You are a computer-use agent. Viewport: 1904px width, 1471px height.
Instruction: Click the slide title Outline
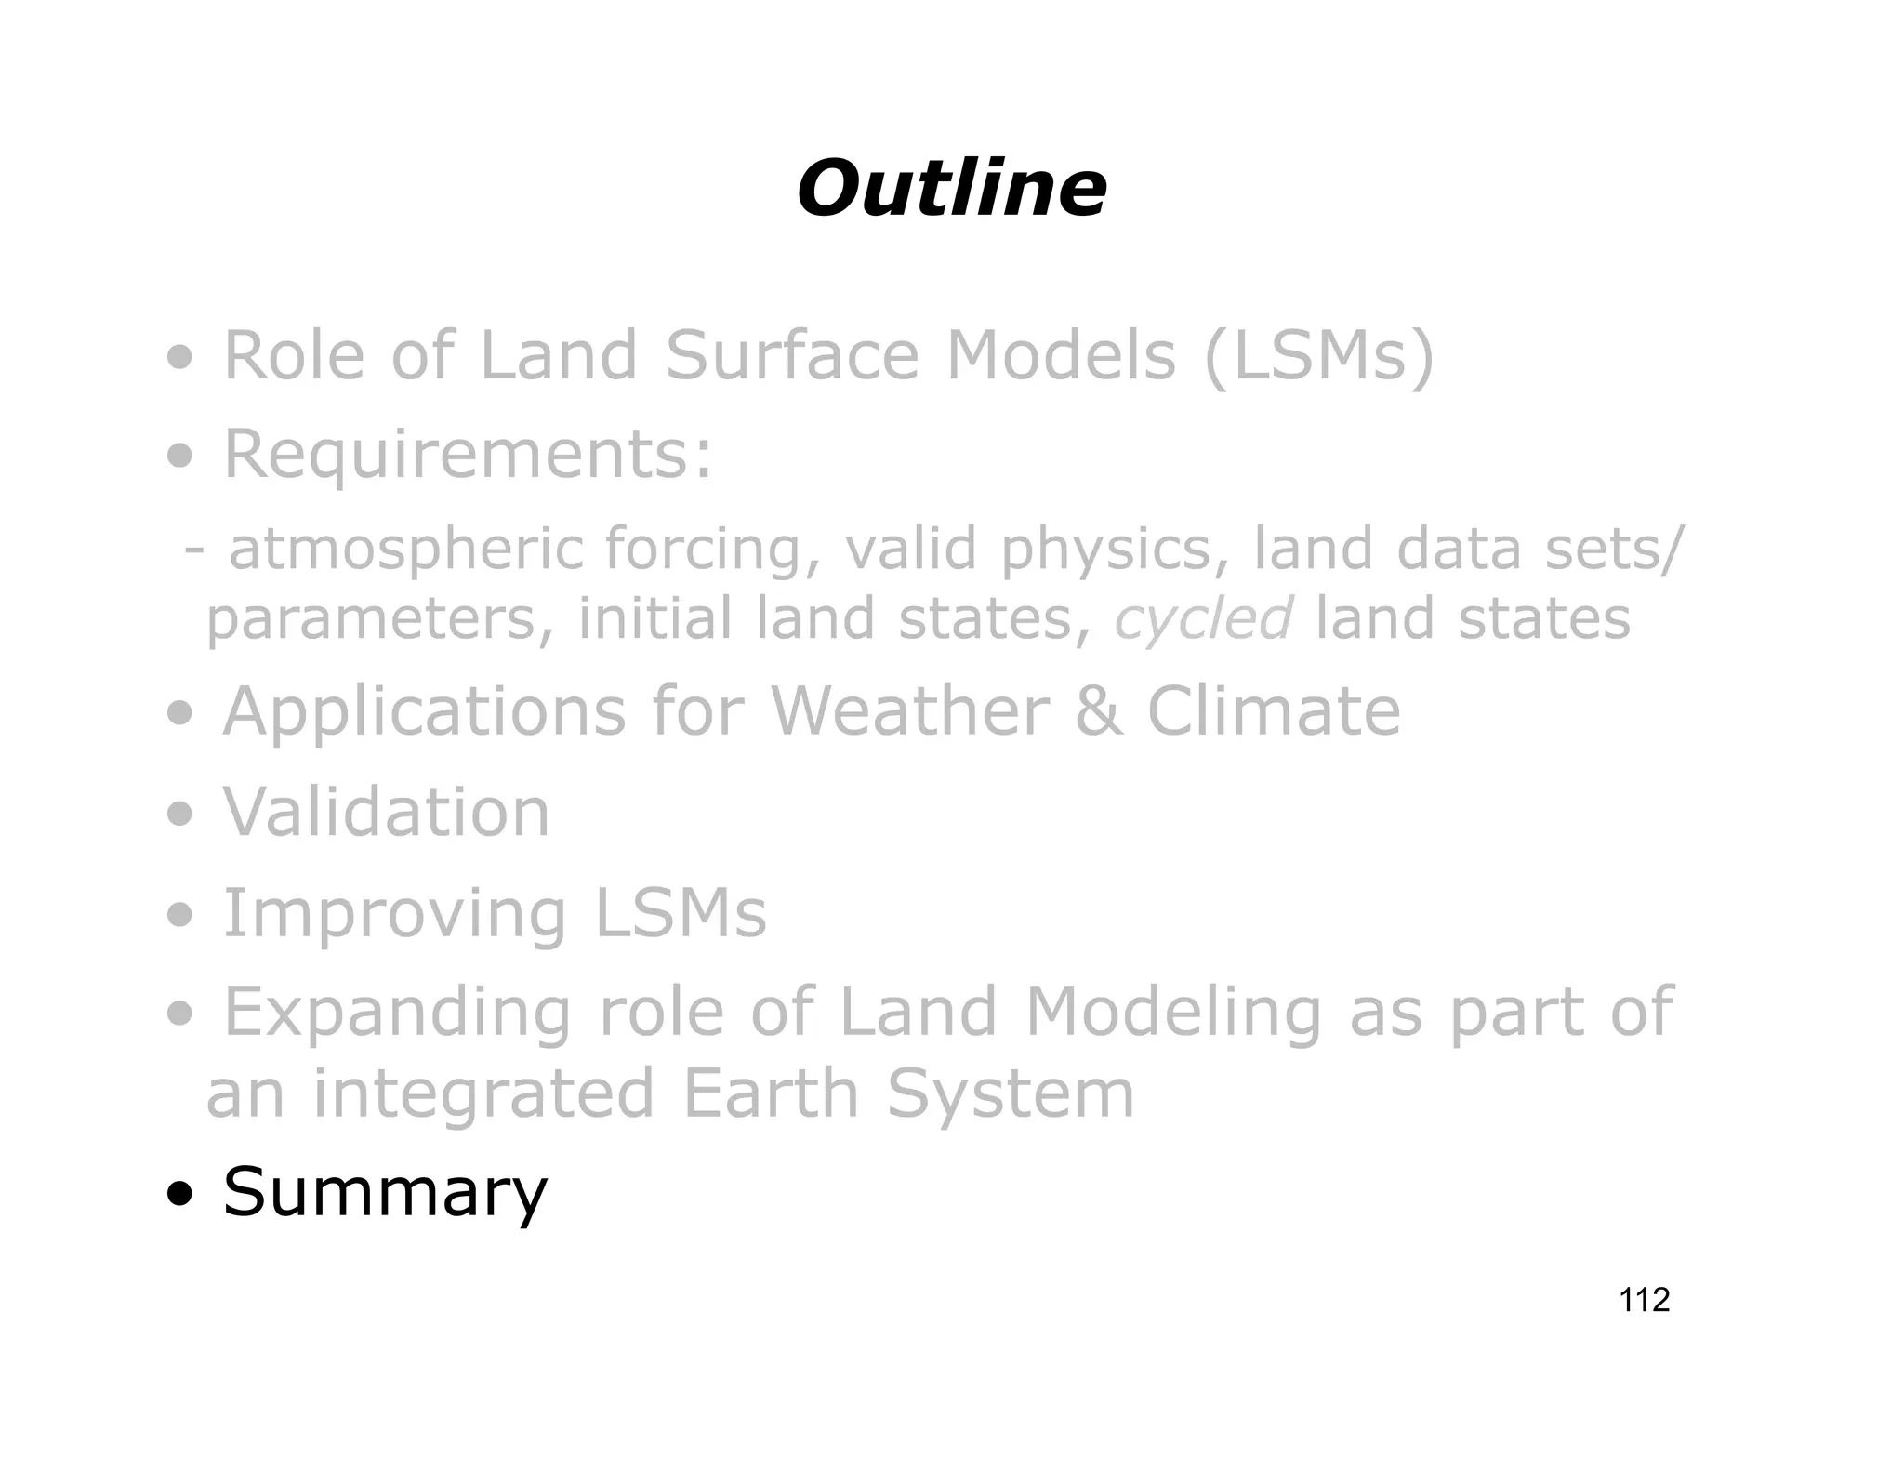pos(951,189)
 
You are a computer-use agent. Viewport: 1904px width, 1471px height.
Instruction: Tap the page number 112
pos(1644,1299)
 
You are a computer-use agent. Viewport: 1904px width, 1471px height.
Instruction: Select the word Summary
pos(385,1192)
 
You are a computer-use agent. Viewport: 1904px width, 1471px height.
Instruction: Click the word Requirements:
pos(469,455)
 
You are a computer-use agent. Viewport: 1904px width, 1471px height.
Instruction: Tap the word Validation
pos(387,813)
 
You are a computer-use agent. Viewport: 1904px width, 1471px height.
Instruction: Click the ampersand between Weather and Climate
pos(1098,712)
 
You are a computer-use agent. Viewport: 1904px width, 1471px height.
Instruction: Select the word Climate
pos(1273,712)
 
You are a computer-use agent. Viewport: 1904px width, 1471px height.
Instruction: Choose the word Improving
pos(394,915)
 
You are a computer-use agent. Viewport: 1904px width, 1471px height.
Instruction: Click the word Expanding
pos(397,1014)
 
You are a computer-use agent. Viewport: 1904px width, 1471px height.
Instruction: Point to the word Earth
pos(770,1093)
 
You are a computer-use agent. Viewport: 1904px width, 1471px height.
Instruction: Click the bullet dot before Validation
pos(180,815)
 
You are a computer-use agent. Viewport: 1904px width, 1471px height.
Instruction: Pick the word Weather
pos(909,712)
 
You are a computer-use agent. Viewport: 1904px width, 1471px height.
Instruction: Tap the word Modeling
pos(1173,1014)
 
